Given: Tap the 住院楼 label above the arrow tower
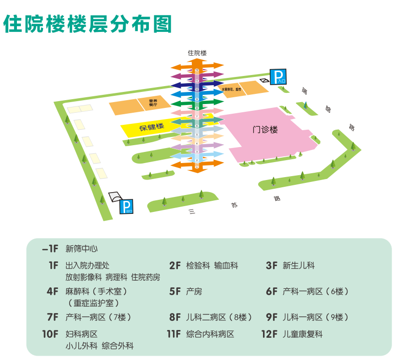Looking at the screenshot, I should click(197, 53).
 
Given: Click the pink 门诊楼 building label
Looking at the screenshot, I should click(265, 130).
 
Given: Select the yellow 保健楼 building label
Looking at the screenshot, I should click(151, 127).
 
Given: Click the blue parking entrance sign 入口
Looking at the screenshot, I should click(278, 76).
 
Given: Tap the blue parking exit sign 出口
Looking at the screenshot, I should click(127, 207).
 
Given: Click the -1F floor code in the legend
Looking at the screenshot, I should click(50, 249).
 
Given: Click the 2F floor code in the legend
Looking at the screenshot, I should click(175, 266).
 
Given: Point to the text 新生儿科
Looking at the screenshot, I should click(299, 266).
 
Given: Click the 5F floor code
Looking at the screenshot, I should click(175, 292).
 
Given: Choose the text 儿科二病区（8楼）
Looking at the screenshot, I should click(219, 318).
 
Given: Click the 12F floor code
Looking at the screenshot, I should click(269, 334).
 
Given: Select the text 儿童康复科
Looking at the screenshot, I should click(303, 334).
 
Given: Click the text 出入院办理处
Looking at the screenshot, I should click(87, 266).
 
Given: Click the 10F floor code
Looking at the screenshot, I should click(50, 334).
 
